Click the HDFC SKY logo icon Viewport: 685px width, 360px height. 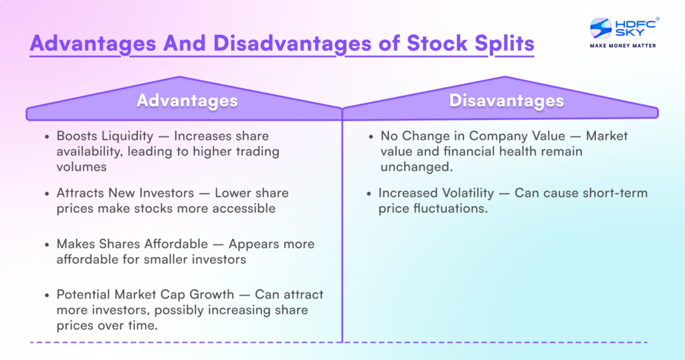tap(599, 27)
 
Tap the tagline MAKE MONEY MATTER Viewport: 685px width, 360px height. tap(622, 46)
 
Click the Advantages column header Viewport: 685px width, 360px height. tap(187, 100)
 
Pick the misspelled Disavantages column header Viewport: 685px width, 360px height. tap(506, 100)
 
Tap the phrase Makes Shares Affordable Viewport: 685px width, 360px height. tap(128, 244)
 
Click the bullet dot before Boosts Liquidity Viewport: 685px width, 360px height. tap(46, 136)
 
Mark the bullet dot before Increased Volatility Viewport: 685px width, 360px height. tap(370, 193)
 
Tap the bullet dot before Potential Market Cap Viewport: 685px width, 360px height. tap(46, 294)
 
